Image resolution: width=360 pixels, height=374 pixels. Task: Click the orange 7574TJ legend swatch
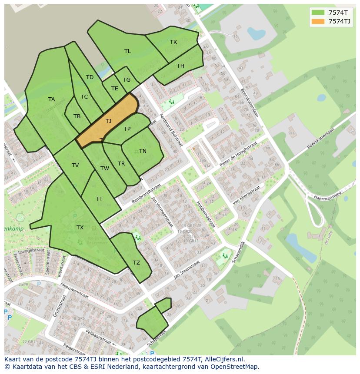[x=318, y=21]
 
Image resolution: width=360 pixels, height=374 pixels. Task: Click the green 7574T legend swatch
[x=318, y=12]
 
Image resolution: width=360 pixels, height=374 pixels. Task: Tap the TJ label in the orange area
[x=108, y=121]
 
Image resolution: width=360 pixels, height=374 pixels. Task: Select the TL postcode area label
[x=127, y=51]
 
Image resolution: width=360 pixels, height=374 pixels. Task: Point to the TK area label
[x=173, y=42]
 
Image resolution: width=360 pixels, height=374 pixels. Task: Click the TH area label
[x=180, y=66]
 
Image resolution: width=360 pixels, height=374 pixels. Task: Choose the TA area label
[x=51, y=99]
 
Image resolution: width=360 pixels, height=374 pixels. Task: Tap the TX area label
[x=80, y=228]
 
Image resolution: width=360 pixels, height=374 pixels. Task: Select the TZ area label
[x=137, y=263]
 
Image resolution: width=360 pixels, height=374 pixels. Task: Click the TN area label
[x=143, y=151]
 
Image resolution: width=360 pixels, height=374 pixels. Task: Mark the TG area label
[x=127, y=80]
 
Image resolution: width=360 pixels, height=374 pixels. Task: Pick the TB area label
[x=77, y=116]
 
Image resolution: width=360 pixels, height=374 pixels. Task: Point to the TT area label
[x=99, y=199]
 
